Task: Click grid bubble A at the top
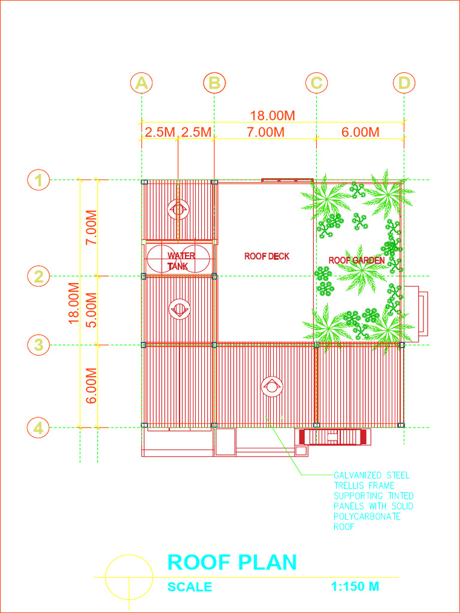click(141, 83)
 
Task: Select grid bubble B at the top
click(214, 83)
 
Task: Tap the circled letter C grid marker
click(316, 83)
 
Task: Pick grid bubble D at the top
click(404, 83)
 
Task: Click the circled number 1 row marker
click(39, 180)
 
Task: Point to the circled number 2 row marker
click(39, 277)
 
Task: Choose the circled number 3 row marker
click(39, 345)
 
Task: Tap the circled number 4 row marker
click(39, 428)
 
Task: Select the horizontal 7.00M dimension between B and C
click(265, 132)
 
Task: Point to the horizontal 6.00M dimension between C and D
click(360, 132)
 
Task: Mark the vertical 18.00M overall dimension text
click(74, 303)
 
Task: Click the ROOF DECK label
click(267, 256)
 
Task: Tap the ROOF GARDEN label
click(356, 260)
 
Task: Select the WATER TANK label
click(180, 261)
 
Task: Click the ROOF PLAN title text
click(232, 562)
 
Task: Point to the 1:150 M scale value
click(355, 587)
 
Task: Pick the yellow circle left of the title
click(129, 578)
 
